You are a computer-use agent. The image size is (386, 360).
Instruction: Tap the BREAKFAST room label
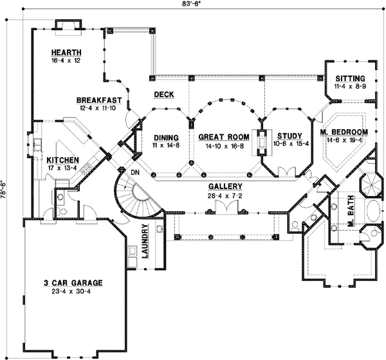point(100,100)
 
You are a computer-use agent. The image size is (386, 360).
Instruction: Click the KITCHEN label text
point(62,159)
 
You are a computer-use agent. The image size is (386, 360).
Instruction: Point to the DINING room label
point(165,137)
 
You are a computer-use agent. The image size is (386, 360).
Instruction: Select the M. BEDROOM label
point(344,132)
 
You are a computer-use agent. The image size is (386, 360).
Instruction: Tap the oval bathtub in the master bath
point(373,212)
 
